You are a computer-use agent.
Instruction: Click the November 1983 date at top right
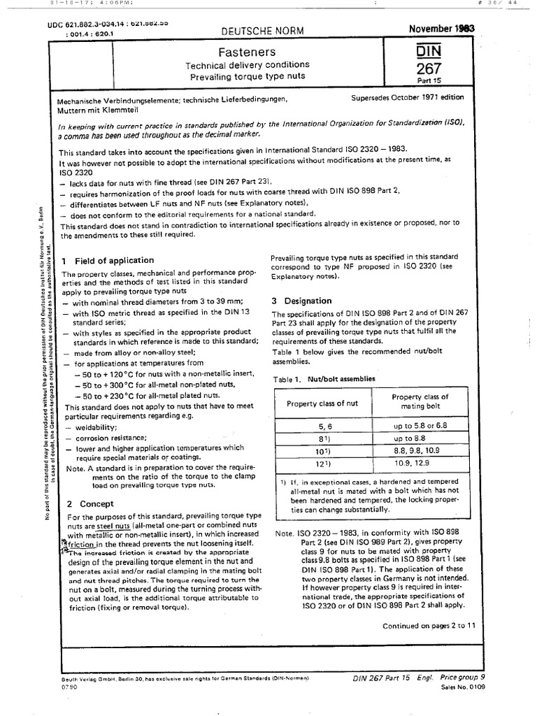(x=442, y=28)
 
